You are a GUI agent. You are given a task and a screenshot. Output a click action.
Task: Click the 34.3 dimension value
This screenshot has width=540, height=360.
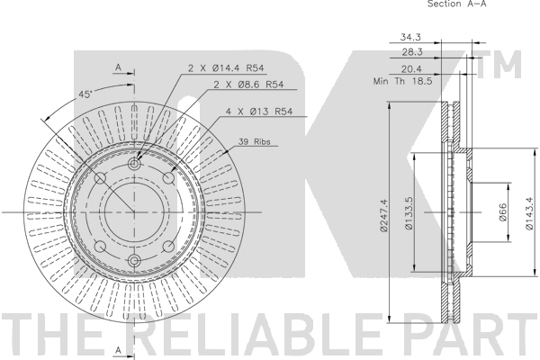coord(410,37)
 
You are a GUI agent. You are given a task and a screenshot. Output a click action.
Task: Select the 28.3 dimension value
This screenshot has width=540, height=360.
coord(412,52)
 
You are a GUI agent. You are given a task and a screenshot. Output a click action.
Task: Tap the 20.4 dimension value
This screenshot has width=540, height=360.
coord(411,69)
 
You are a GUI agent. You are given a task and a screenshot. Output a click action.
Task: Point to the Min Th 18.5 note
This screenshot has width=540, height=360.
coord(402,81)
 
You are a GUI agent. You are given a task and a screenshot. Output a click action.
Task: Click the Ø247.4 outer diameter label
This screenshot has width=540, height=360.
coord(383,215)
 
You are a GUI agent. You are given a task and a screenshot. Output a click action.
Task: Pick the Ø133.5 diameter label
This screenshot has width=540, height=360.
coord(409,213)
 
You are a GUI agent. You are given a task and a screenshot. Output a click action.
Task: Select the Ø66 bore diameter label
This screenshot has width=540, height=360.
coord(502,212)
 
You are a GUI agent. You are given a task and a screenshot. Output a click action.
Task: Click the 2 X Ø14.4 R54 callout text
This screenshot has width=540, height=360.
coord(226,68)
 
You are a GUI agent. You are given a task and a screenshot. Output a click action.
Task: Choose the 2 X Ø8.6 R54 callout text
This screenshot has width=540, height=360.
coord(248,85)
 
